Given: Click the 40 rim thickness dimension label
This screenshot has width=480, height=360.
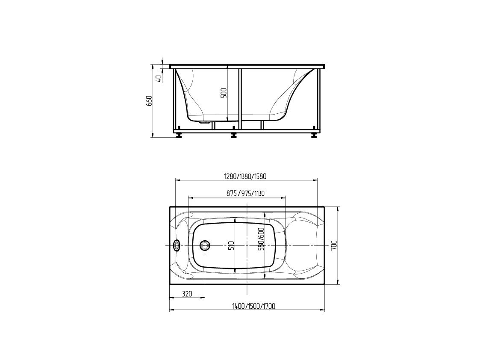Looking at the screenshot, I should (159, 78).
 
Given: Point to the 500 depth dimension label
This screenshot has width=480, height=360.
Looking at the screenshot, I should (224, 93).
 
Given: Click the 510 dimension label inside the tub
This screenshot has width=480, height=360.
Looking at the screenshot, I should (231, 245).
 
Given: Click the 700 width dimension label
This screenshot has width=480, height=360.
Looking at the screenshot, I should (334, 245).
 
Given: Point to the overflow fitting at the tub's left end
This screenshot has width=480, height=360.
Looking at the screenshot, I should (176, 245).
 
